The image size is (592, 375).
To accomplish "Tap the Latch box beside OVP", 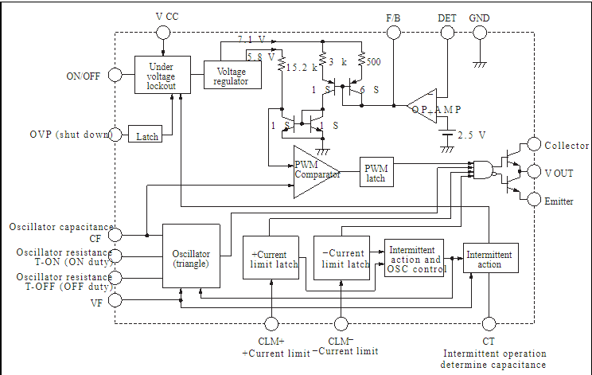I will [x=146, y=135].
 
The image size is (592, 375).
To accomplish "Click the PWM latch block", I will [x=376, y=172].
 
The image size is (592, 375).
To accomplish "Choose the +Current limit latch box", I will [x=271, y=258].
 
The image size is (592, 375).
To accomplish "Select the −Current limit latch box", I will [x=342, y=258].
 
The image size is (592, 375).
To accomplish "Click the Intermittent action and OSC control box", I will [x=414, y=260].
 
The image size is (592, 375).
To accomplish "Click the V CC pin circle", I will [x=162, y=33].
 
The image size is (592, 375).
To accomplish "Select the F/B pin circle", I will [x=393, y=33].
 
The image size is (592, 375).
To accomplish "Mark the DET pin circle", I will [x=446, y=33].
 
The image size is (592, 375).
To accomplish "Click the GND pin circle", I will [x=479, y=33].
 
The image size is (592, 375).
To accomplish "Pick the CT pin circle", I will [x=489, y=322].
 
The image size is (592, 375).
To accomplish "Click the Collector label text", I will [x=567, y=146].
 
